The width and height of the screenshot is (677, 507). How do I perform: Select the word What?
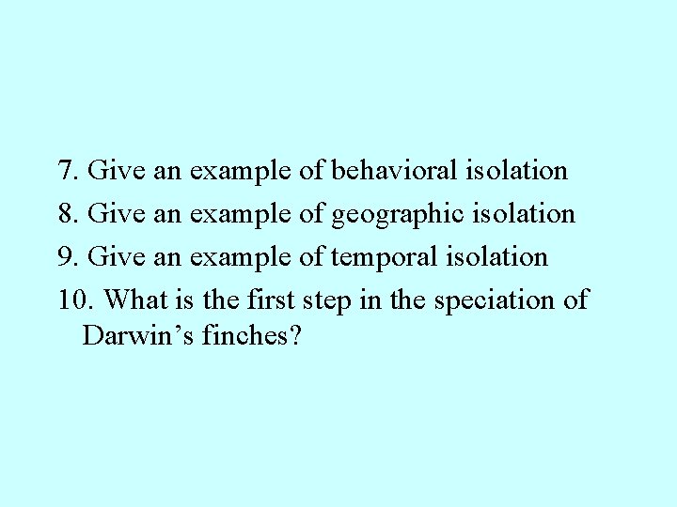point(135,300)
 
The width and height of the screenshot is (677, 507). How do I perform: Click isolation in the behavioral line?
point(516,171)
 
